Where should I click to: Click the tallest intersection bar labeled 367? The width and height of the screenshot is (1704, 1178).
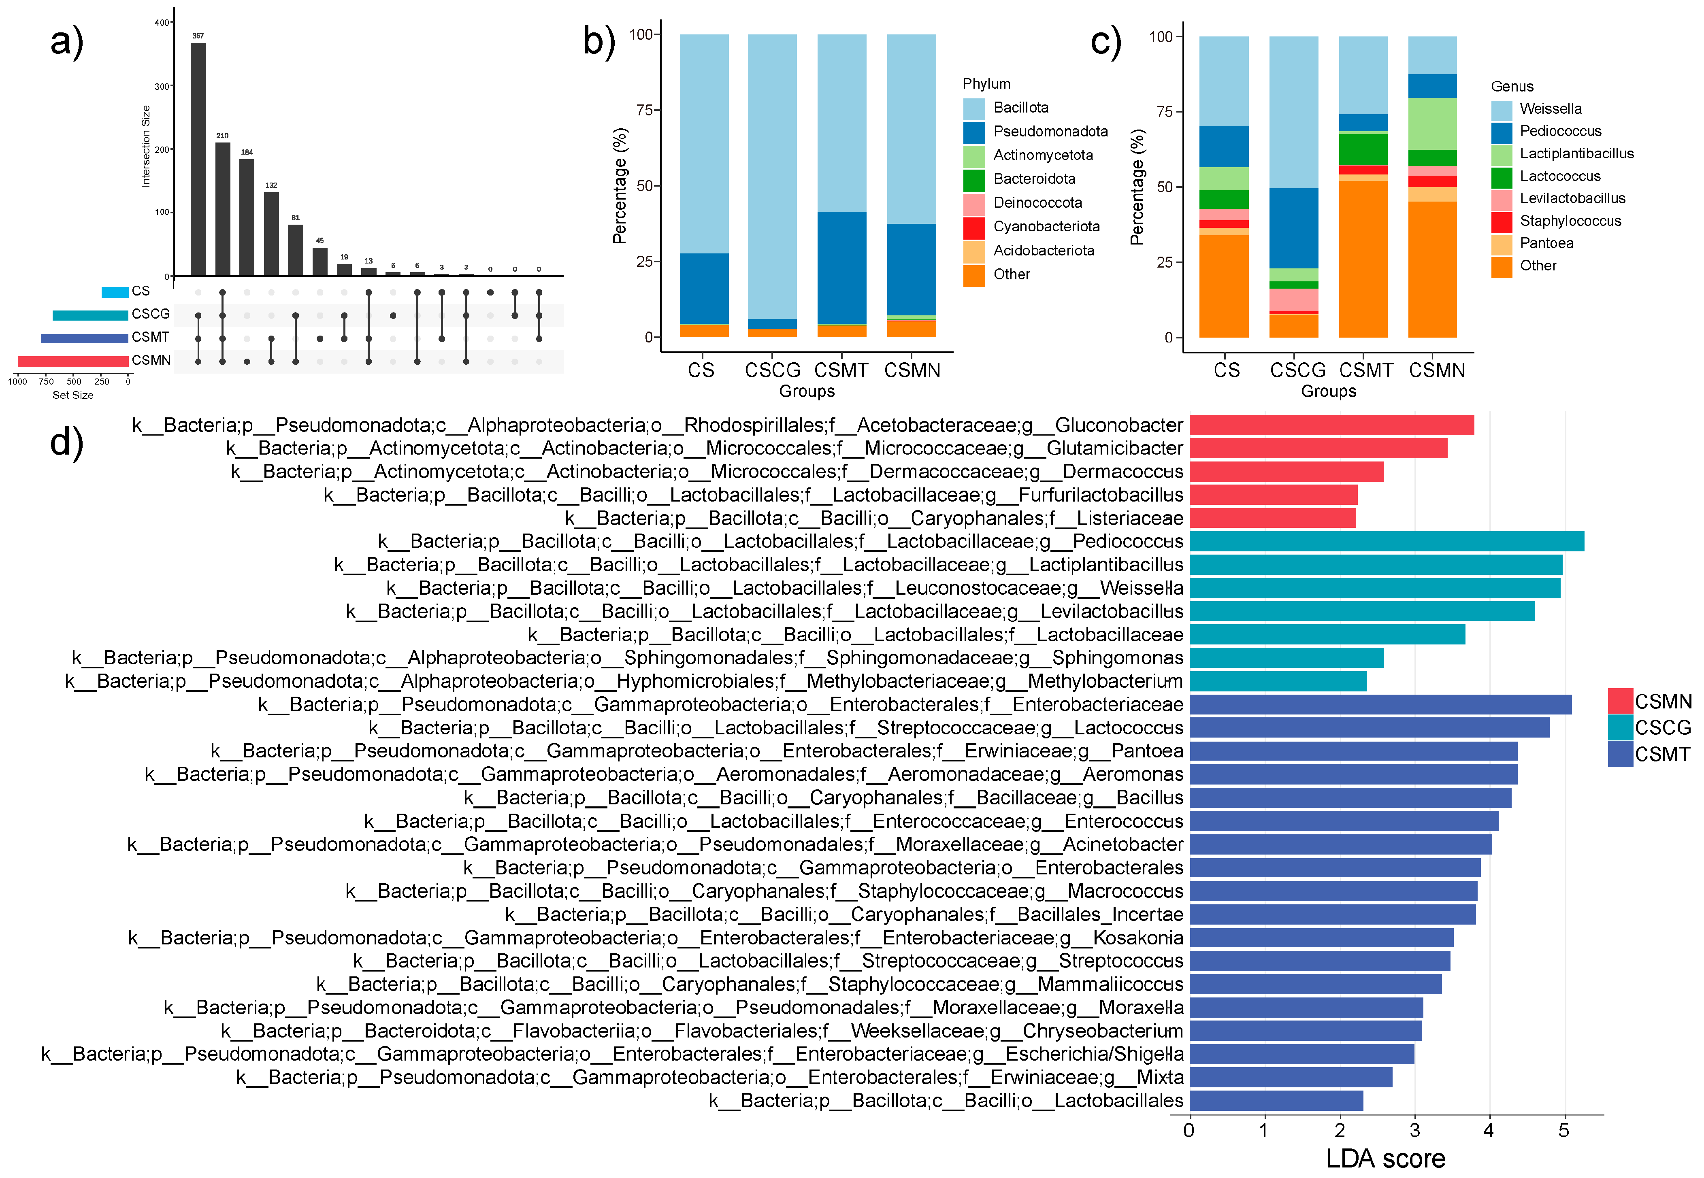tap(198, 159)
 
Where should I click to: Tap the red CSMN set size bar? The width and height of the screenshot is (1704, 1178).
tap(73, 361)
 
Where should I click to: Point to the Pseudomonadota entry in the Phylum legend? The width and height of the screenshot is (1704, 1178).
tap(1050, 132)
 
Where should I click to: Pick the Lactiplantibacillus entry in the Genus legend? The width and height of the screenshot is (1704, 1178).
tap(1576, 153)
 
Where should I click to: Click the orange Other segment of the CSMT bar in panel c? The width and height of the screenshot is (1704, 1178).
tap(1363, 258)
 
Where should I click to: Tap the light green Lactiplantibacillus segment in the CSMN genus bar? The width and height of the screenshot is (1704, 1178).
tap(1432, 124)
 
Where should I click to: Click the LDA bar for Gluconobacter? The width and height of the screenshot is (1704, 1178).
tap(1331, 425)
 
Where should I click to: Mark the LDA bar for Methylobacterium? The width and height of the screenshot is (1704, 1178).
tap(1277, 681)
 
